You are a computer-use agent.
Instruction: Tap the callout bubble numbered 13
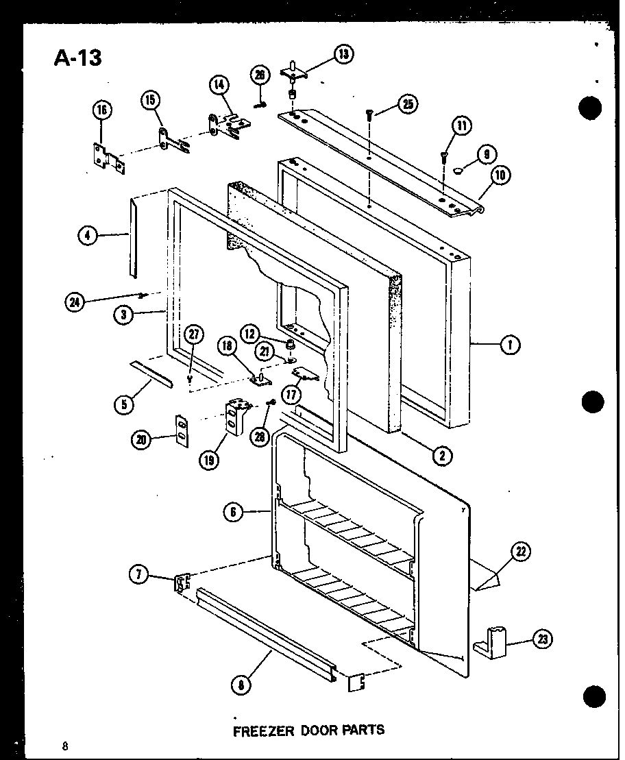pos(342,53)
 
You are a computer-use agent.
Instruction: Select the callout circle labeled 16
pos(101,110)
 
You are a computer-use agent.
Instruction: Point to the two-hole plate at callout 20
pos(182,430)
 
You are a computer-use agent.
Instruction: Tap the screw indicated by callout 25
pos(370,113)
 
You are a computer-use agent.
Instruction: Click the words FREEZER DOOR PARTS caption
pos(308,730)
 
